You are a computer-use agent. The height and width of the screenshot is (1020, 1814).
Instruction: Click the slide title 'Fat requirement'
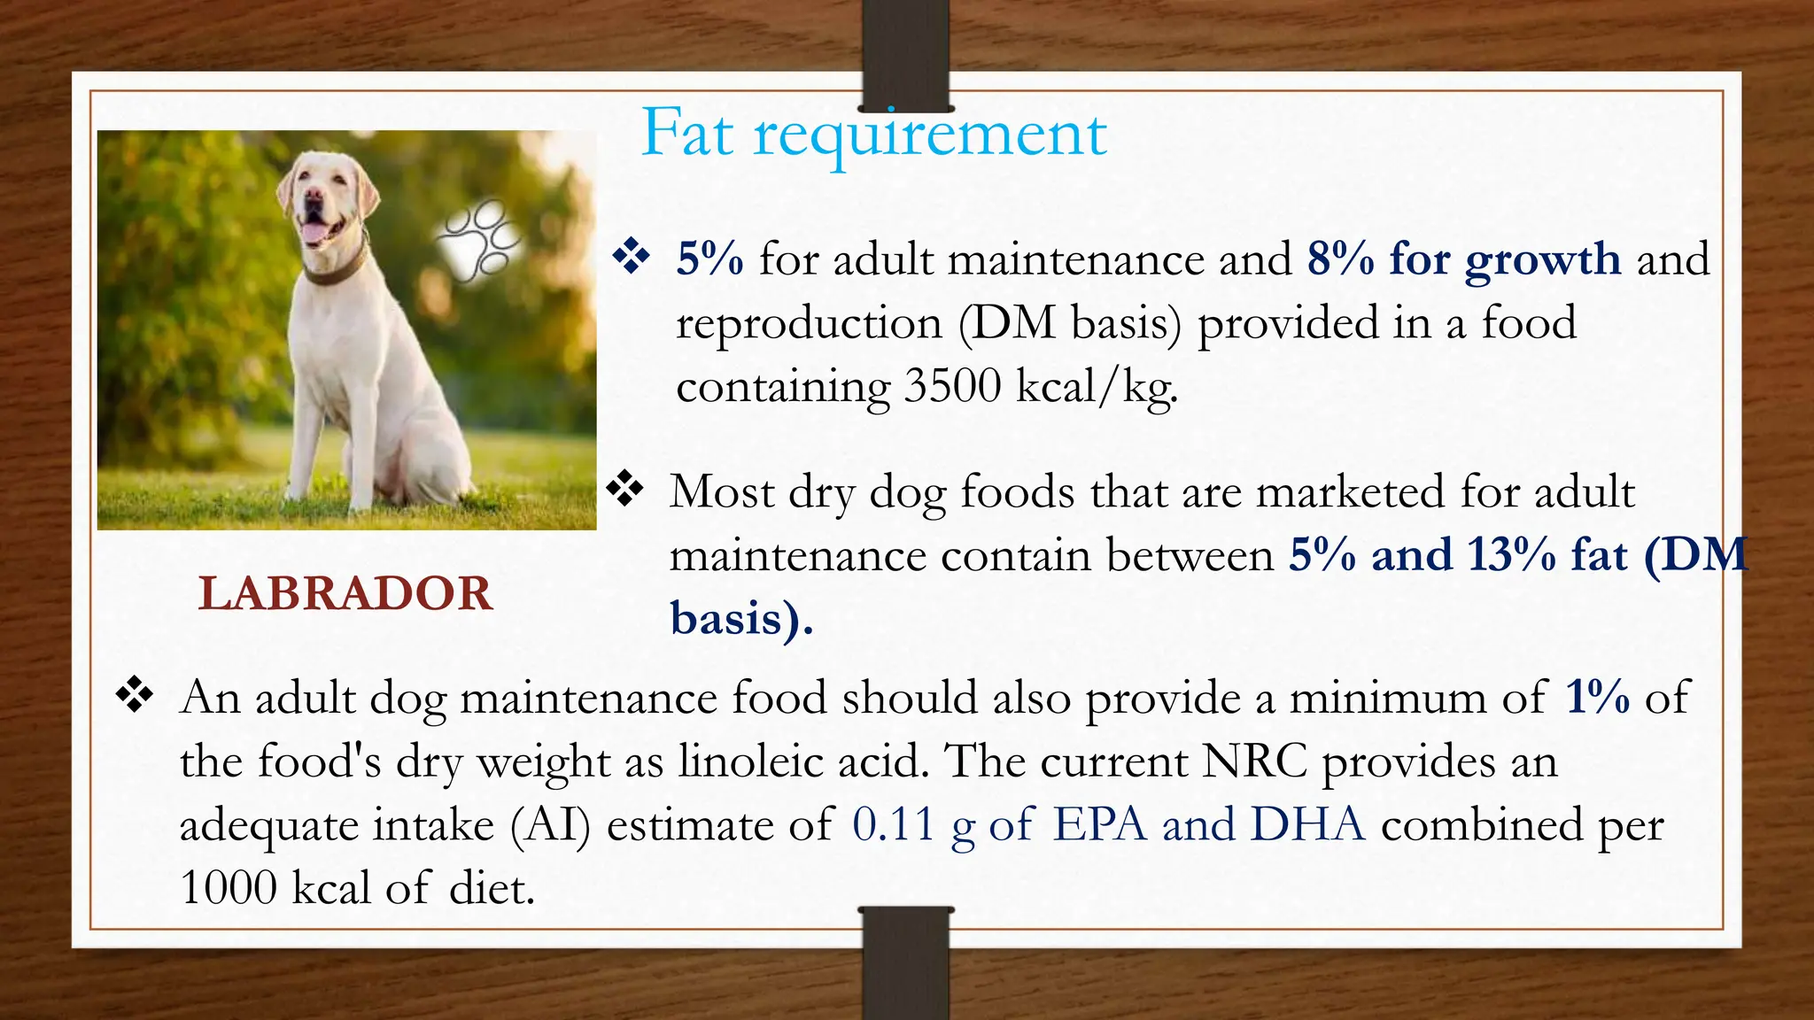click(x=873, y=134)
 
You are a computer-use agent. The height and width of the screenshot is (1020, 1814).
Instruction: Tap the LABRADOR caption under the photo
click(x=345, y=593)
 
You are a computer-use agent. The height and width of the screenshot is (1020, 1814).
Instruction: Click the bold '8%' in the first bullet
click(x=1340, y=259)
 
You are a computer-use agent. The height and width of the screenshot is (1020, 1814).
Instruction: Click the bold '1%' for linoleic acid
click(x=1597, y=697)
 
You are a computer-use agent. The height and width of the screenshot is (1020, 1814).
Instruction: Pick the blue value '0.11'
click(x=893, y=824)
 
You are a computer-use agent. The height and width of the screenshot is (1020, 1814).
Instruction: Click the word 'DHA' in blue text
click(x=1307, y=824)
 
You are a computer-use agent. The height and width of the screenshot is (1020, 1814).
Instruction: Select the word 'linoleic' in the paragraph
click(x=751, y=761)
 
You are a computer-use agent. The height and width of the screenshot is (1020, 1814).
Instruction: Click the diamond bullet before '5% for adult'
click(x=632, y=257)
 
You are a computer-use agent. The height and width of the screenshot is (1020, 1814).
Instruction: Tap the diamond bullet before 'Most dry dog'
click(x=625, y=489)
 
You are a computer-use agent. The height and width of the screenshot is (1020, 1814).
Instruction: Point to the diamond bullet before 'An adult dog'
click(x=135, y=695)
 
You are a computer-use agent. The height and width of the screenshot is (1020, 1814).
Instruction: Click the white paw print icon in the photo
click(x=479, y=240)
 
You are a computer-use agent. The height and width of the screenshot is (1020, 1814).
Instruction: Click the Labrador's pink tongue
click(x=312, y=232)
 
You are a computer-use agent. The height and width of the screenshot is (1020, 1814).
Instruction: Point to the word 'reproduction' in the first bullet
click(x=809, y=323)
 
